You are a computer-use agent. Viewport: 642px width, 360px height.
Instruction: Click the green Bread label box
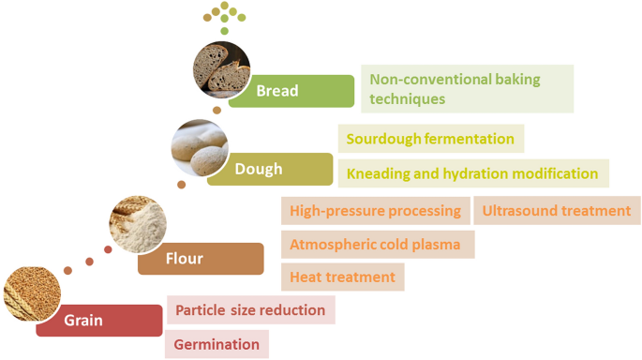pyautogui.click(x=291, y=91)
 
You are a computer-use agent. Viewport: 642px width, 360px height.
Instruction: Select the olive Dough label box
pyautogui.click(x=270, y=170)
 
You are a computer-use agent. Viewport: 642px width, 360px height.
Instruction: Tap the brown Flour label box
pyautogui.click(x=201, y=258)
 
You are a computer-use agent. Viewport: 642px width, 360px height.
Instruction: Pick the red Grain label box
pyautogui.click(x=98, y=321)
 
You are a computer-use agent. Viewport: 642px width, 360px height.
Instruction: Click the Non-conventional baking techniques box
pyautogui.click(x=467, y=89)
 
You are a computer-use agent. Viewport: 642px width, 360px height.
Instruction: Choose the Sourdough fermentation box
pyautogui.click(x=430, y=139)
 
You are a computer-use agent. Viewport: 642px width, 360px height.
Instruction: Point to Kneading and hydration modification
pyautogui.click(x=472, y=173)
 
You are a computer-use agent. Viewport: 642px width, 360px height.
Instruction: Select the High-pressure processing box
pyautogui.click(x=375, y=211)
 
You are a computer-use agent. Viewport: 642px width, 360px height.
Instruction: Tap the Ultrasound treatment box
pyautogui.click(x=557, y=211)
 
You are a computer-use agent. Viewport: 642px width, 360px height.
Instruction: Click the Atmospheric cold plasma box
pyautogui.click(x=375, y=245)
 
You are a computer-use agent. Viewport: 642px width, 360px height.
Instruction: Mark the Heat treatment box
pyautogui.click(x=342, y=277)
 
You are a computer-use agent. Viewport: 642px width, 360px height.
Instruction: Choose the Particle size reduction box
pyautogui.click(x=250, y=310)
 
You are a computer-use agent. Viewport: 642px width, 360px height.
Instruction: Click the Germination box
pyautogui.click(x=217, y=344)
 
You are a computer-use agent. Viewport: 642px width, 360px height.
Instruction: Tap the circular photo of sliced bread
pyautogui.click(x=222, y=68)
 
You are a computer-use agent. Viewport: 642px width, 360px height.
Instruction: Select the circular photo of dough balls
pyautogui.click(x=199, y=149)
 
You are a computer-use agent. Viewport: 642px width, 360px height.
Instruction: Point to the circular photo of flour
pyautogui.click(x=138, y=223)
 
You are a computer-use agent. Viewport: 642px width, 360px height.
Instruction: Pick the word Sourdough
pyautogui.click(x=383, y=139)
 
